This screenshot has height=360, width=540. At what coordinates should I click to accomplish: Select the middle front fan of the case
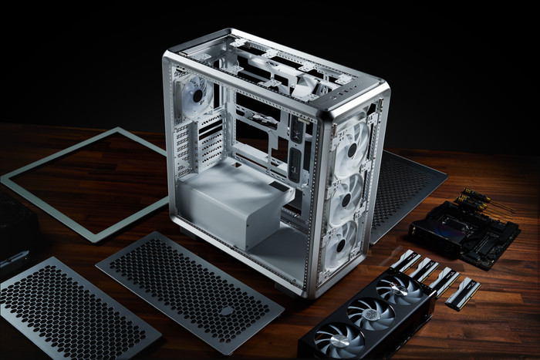pyautogui.click(x=347, y=196)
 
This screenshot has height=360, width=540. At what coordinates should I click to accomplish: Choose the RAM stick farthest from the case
pyautogui.click(x=463, y=293)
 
